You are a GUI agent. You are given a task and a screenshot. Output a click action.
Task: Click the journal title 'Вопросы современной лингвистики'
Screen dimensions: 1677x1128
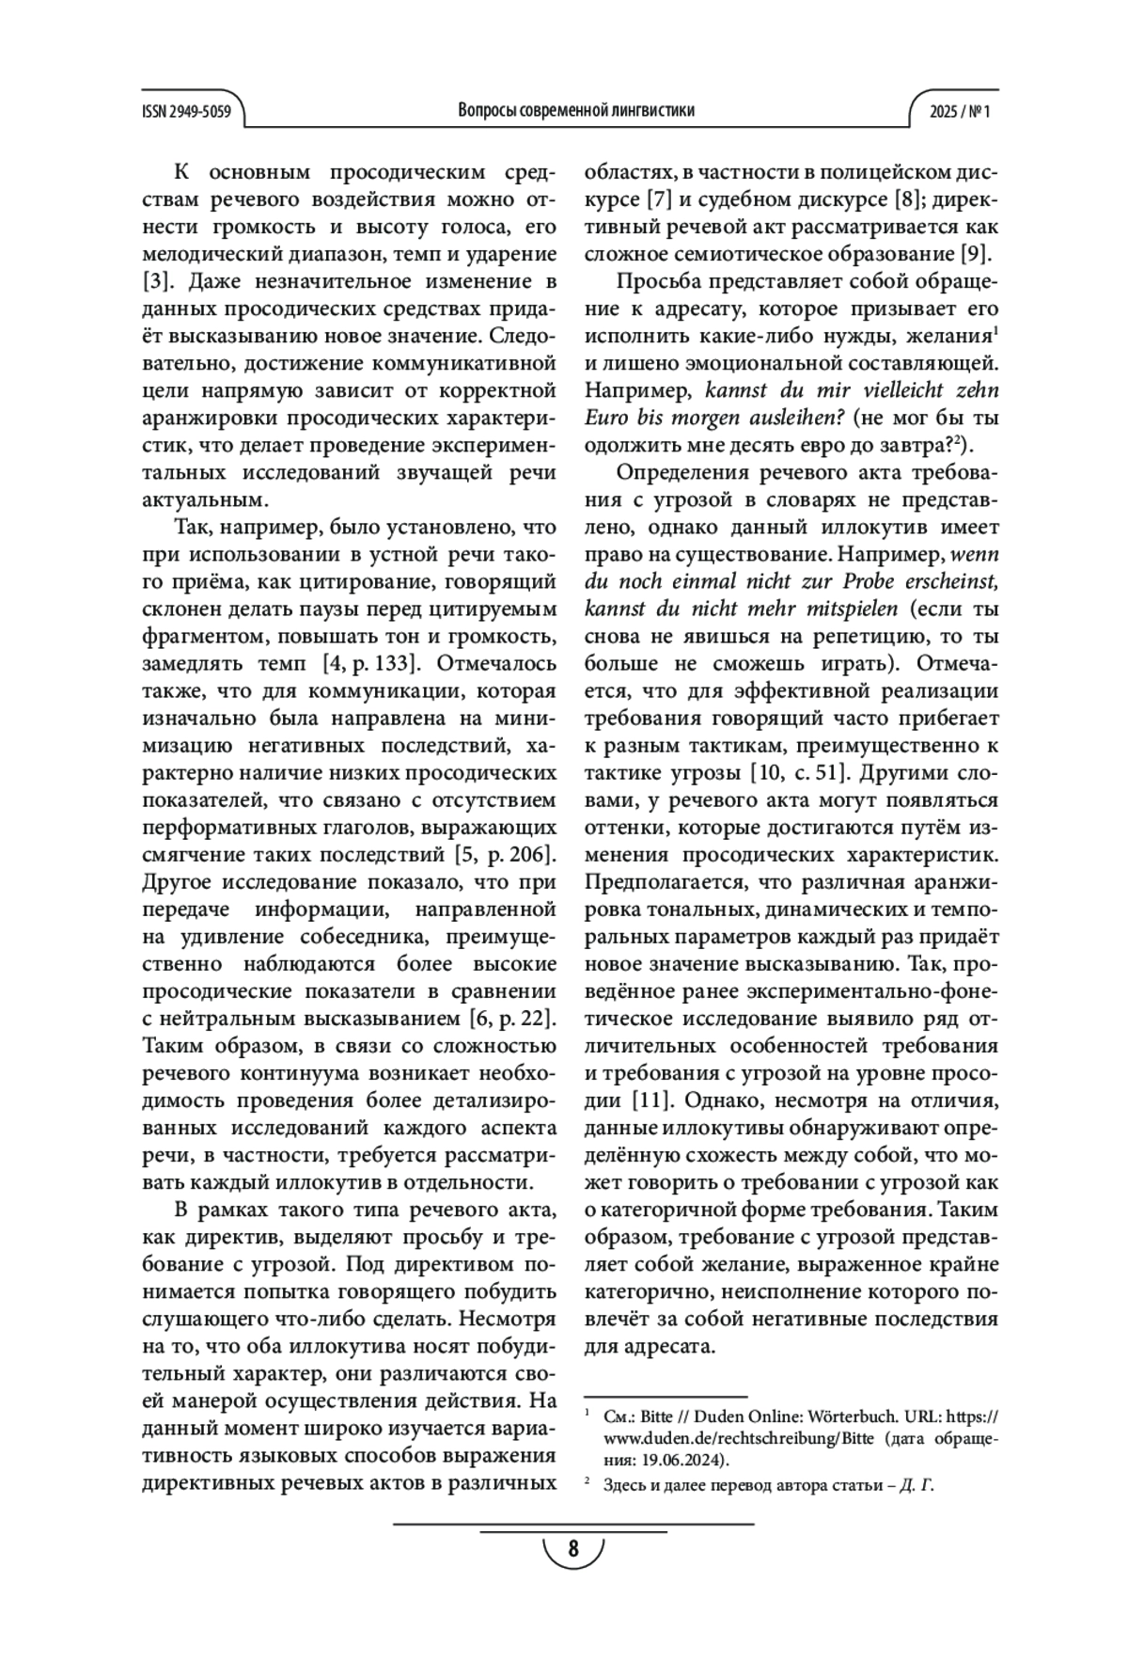(576, 110)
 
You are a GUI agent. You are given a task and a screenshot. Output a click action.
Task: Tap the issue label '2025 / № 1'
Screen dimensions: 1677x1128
(960, 110)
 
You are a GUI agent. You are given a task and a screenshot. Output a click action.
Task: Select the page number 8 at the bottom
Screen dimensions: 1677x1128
(573, 1548)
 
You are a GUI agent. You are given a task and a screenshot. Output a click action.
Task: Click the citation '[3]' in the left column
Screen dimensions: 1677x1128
(155, 281)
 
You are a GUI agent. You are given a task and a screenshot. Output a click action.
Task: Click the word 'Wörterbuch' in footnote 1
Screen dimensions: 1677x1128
(833, 1415)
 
